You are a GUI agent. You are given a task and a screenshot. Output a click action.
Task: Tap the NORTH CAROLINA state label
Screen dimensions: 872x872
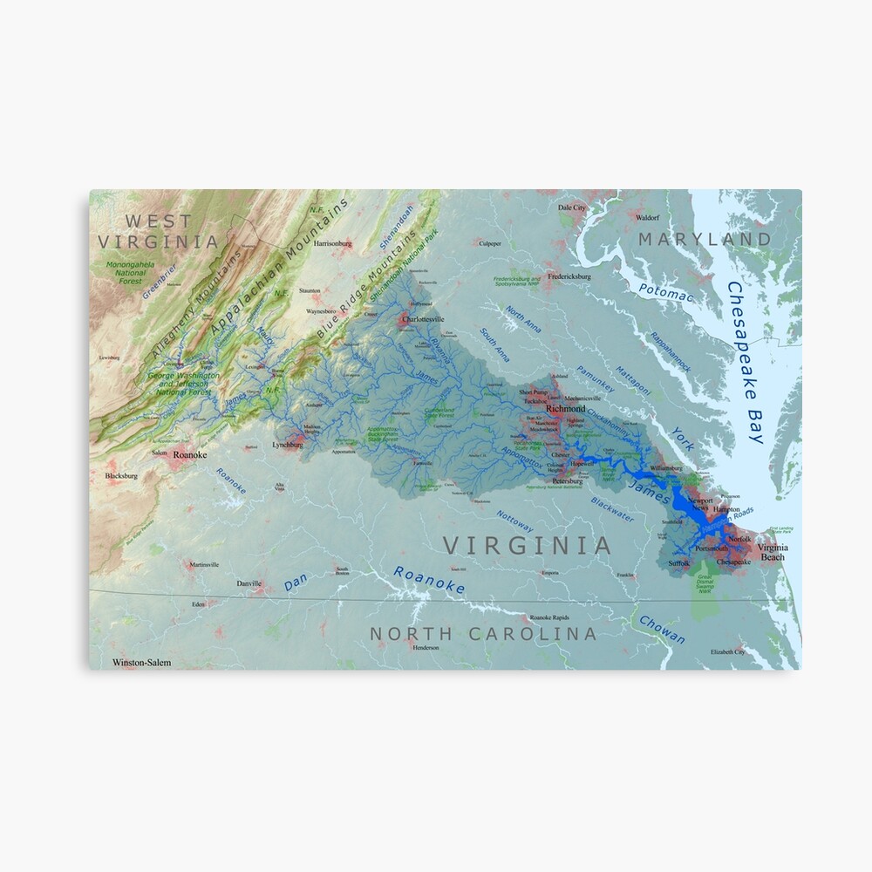483,634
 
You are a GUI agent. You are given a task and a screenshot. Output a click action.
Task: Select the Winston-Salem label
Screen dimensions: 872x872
142,663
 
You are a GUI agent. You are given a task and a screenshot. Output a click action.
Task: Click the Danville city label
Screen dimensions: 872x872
249,583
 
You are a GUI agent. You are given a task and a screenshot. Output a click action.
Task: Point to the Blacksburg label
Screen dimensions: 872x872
121,476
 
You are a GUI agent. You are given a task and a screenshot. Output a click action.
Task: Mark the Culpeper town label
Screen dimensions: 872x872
489,244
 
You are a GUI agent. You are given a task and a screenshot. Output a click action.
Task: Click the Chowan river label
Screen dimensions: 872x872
662,630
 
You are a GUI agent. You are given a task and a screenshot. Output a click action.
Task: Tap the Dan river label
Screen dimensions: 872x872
296,584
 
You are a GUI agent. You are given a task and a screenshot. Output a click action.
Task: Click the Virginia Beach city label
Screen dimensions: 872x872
773,552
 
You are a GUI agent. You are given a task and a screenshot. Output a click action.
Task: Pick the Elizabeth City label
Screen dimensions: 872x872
727,651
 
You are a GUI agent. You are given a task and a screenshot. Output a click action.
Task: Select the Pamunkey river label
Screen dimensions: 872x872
596,379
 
